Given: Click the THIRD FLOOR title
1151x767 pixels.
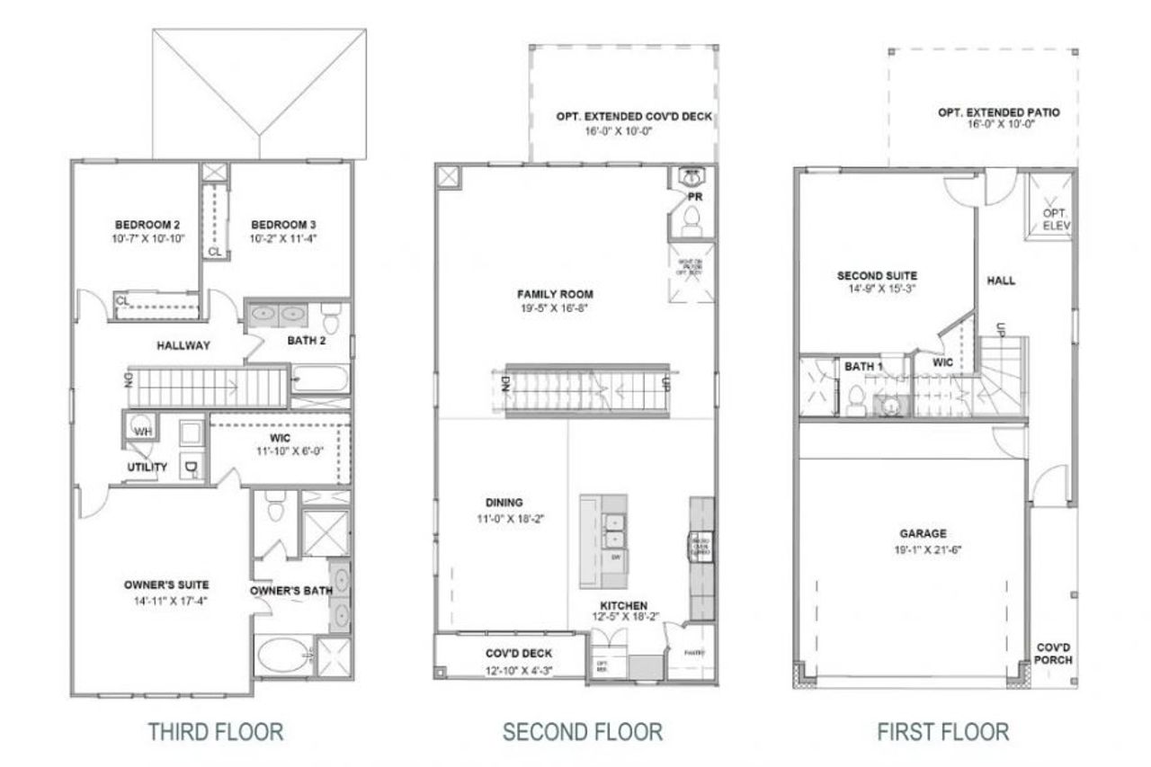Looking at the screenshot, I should pyautogui.click(x=216, y=731).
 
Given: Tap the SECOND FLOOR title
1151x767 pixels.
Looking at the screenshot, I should pyautogui.click(x=582, y=731).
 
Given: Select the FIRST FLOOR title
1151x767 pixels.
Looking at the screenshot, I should pyautogui.click(x=942, y=731).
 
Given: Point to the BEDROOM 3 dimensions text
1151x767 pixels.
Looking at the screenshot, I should pyautogui.click(x=284, y=239).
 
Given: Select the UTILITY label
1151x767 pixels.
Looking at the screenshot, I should pyautogui.click(x=147, y=467).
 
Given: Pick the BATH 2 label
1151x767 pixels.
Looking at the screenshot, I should pyautogui.click(x=308, y=340).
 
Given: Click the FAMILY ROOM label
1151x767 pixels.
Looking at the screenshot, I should pyautogui.click(x=555, y=294).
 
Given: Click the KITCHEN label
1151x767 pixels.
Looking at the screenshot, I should pyautogui.click(x=618, y=605).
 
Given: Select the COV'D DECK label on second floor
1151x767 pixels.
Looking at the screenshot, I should pyautogui.click(x=519, y=654).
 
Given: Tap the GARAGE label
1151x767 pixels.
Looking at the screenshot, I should pyautogui.click(x=921, y=533).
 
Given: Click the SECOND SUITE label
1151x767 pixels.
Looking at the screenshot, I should pyautogui.click(x=877, y=275).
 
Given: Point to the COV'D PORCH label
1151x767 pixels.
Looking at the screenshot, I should pyautogui.click(x=1052, y=653).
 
